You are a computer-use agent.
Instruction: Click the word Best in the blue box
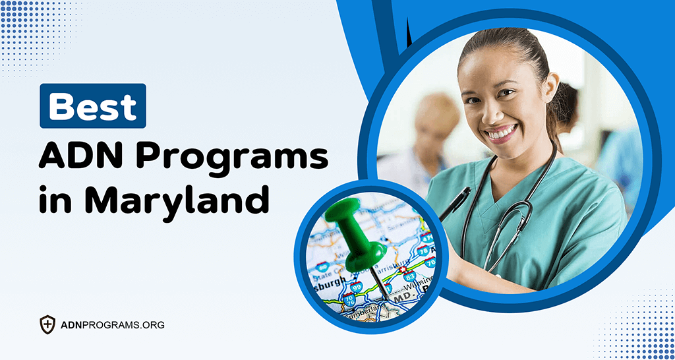[92, 106]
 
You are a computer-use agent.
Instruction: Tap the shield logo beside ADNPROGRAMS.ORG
[47, 324]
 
